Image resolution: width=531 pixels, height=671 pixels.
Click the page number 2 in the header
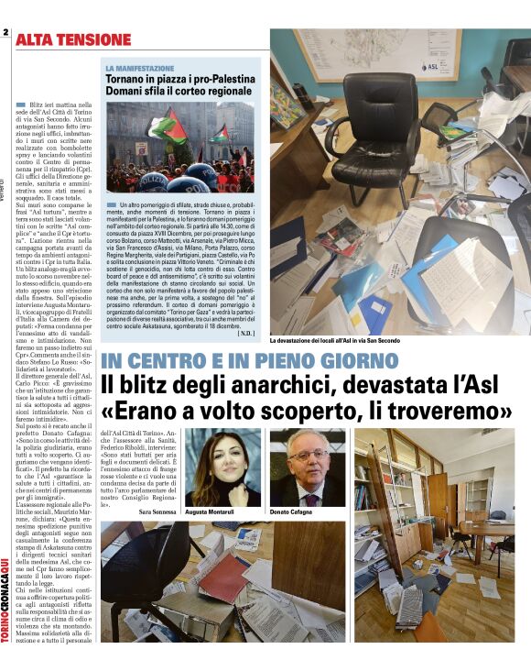(5, 32)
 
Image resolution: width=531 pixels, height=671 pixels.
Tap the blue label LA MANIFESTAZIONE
(139, 68)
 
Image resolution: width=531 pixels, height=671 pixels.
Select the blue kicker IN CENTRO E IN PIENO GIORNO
(250, 361)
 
